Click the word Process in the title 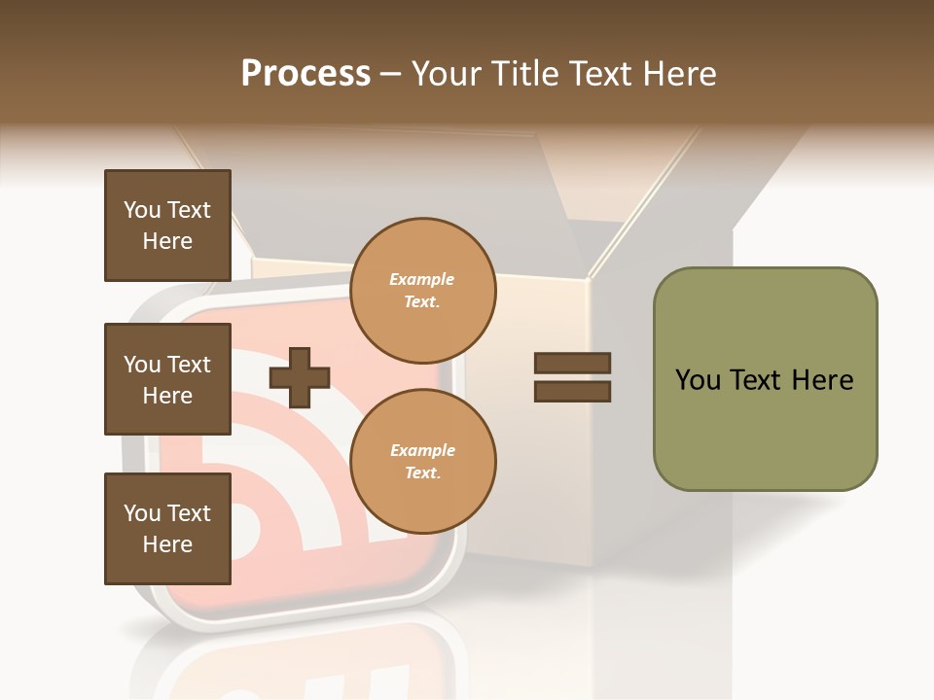click(305, 74)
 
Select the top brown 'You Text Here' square click(167, 226)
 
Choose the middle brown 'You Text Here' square click(167, 379)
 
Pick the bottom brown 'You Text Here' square click(167, 529)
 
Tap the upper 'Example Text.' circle click(422, 290)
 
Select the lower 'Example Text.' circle click(422, 461)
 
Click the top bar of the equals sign click(572, 364)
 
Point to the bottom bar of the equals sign click(572, 391)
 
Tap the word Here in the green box click(822, 380)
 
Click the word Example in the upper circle click(422, 279)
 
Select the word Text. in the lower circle click(422, 472)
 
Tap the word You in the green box click(698, 380)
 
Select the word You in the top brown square click(142, 210)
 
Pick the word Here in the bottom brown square click(167, 544)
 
